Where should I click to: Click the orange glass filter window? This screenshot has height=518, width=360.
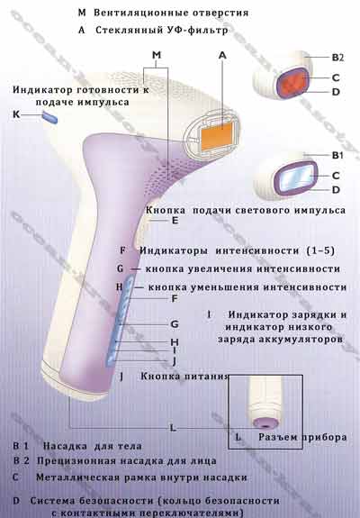tap(217, 135)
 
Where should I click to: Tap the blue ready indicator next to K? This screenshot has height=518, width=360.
tap(49, 117)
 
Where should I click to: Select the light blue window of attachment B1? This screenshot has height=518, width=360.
tap(295, 177)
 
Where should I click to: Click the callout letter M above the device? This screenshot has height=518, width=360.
tap(157, 55)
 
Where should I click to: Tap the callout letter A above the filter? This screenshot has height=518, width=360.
tap(222, 55)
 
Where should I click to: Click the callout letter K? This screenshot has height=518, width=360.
tap(16, 114)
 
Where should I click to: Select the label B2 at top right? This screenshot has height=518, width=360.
tap(337, 58)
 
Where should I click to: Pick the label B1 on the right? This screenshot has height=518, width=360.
tap(337, 155)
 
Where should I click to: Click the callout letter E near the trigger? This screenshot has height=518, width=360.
tap(175, 221)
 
